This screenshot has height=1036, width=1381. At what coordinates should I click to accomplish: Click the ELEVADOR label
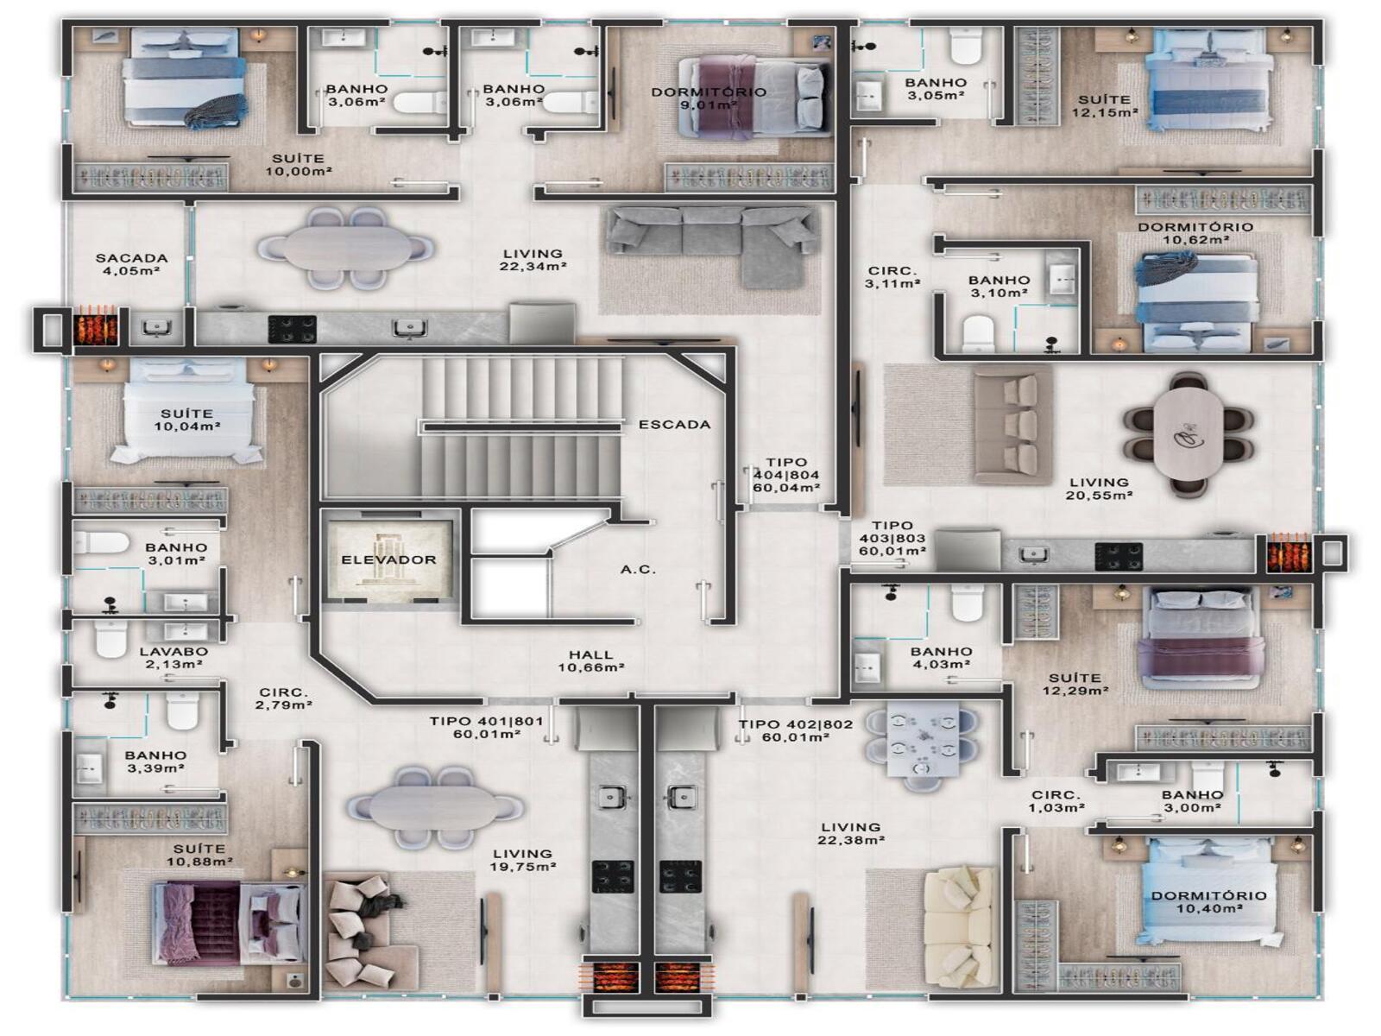(388, 559)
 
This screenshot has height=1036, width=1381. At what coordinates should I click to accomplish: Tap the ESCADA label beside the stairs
(674, 425)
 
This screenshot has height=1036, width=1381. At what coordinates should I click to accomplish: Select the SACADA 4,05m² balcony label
(131, 264)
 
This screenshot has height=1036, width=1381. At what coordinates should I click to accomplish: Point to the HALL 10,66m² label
(590, 660)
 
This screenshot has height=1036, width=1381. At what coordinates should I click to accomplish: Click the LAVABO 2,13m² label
(173, 657)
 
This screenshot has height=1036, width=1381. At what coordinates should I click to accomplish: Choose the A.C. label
(638, 569)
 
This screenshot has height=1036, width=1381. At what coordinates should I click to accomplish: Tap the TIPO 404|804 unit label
(786, 475)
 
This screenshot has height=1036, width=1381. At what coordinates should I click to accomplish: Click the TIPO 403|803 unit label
(892, 538)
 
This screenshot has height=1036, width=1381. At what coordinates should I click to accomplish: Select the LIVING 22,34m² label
(533, 260)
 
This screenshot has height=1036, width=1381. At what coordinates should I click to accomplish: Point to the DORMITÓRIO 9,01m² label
(709, 98)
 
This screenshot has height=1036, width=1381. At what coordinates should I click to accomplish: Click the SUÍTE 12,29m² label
(1075, 684)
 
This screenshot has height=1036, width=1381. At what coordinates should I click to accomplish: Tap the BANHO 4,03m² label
(941, 657)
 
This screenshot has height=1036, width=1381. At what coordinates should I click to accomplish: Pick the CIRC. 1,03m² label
(1056, 801)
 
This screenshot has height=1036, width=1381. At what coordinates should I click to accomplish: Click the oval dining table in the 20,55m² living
(1189, 435)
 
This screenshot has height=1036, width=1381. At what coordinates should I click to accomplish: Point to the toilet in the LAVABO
(110, 639)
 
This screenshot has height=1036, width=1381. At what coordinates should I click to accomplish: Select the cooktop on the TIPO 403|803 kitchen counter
(1119, 556)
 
